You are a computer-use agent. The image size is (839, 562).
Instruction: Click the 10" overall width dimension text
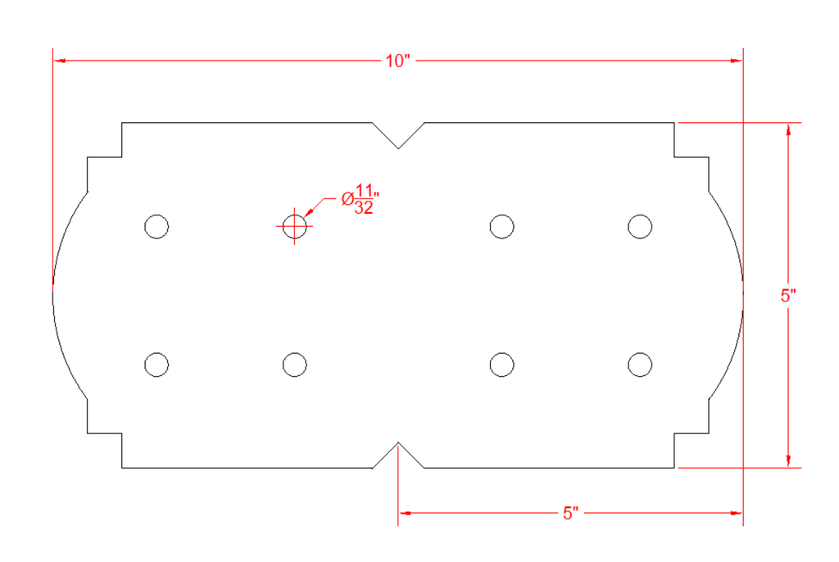click(397, 61)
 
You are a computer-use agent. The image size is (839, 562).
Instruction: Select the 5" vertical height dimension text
click(788, 296)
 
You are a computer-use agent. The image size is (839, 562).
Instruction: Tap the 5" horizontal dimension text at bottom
click(570, 514)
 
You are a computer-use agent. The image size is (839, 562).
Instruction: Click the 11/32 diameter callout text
click(361, 199)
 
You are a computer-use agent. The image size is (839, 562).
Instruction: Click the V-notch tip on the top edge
click(398, 148)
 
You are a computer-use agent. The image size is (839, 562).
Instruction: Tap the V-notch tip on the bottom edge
click(398, 442)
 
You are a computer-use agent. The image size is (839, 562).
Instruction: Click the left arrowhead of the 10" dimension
click(59, 61)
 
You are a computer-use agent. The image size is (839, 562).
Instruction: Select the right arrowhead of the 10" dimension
click(737, 61)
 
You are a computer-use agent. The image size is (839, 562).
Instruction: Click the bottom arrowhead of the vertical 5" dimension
click(788, 461)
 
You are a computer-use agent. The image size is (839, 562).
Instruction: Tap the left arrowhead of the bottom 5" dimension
click(405, 514)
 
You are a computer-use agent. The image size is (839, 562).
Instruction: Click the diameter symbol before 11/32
click(347, 199)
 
